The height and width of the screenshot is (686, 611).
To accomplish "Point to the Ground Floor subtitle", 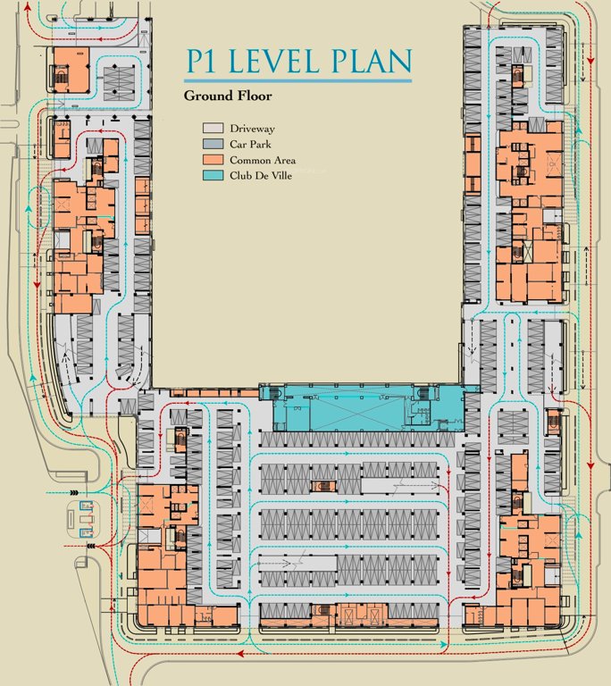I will pos(227,96).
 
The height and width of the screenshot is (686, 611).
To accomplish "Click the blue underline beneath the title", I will pos(298,81).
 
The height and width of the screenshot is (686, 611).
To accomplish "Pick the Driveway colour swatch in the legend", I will pos(213,129).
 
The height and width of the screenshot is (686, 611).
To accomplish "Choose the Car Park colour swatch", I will pos(213,144).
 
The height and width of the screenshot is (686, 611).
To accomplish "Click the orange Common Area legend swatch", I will pos(213,159).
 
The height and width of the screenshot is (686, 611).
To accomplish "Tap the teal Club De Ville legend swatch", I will pos(213,174).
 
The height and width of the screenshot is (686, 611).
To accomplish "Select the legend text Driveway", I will pos(254,129).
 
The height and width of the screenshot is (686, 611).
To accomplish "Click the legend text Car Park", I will pos(253,144).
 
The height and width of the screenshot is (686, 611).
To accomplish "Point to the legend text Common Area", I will pos(263,159).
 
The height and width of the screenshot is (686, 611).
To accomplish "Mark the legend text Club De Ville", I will pos(265,174).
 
